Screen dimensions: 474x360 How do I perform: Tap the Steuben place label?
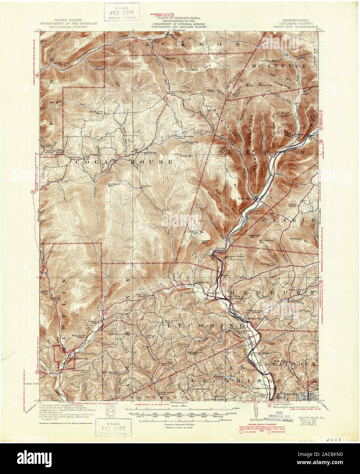[x=146, y=186]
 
